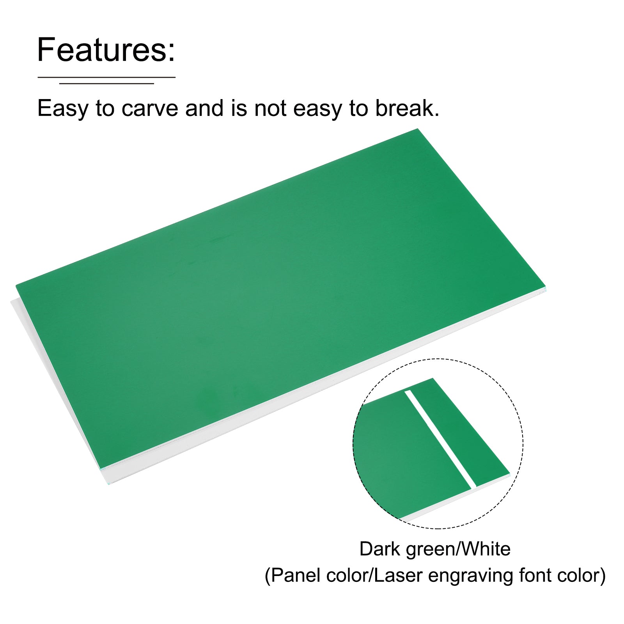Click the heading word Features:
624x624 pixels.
106,50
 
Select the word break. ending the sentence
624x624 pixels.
407,108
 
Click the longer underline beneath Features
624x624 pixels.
106,77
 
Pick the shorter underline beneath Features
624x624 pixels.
106,83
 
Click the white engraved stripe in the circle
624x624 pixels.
440,439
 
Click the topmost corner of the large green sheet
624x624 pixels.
418,129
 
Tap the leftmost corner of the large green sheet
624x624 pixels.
16,286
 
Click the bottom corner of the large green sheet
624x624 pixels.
103,468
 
